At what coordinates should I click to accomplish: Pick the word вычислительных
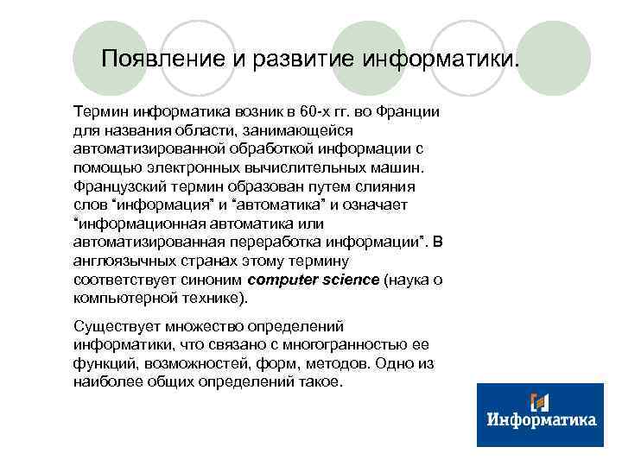(291, 167)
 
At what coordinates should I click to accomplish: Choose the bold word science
(350, 280)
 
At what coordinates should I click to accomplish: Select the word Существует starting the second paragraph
(115, 326)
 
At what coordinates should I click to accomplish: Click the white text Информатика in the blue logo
(542, 420)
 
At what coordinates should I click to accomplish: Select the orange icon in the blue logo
(540, 400)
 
